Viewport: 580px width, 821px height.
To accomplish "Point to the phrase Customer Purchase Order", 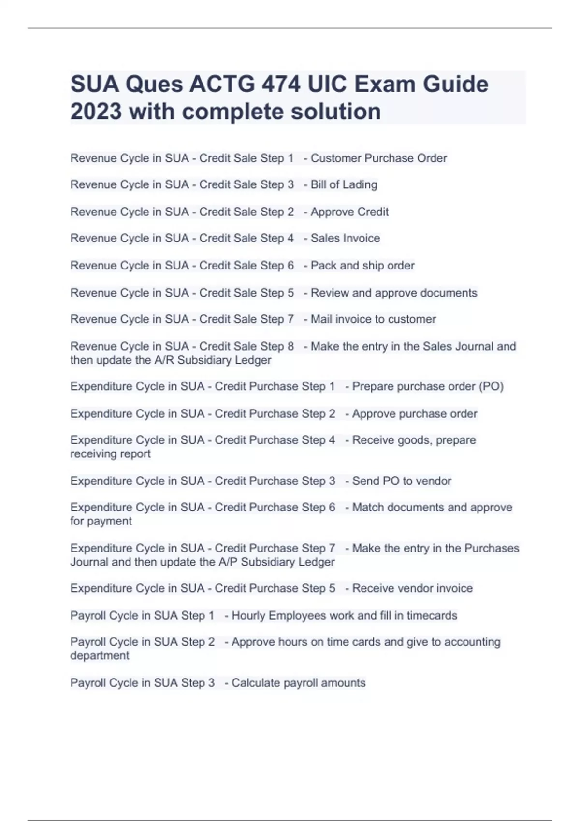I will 378,158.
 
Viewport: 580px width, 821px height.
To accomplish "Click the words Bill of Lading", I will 344,185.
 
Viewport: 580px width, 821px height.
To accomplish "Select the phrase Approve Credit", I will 349,212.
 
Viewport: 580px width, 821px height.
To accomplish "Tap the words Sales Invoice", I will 345,239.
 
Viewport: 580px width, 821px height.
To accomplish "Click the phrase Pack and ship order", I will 362,266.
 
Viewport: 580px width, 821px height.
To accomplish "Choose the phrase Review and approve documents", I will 393,293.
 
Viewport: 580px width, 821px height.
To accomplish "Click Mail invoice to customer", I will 373,319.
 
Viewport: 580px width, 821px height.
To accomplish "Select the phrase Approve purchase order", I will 414,414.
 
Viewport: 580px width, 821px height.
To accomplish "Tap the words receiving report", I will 111,454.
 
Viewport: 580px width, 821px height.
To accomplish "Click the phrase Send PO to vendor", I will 402,481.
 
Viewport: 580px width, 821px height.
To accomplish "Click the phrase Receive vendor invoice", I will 412,588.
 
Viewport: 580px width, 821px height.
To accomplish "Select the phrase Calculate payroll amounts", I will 298,683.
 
